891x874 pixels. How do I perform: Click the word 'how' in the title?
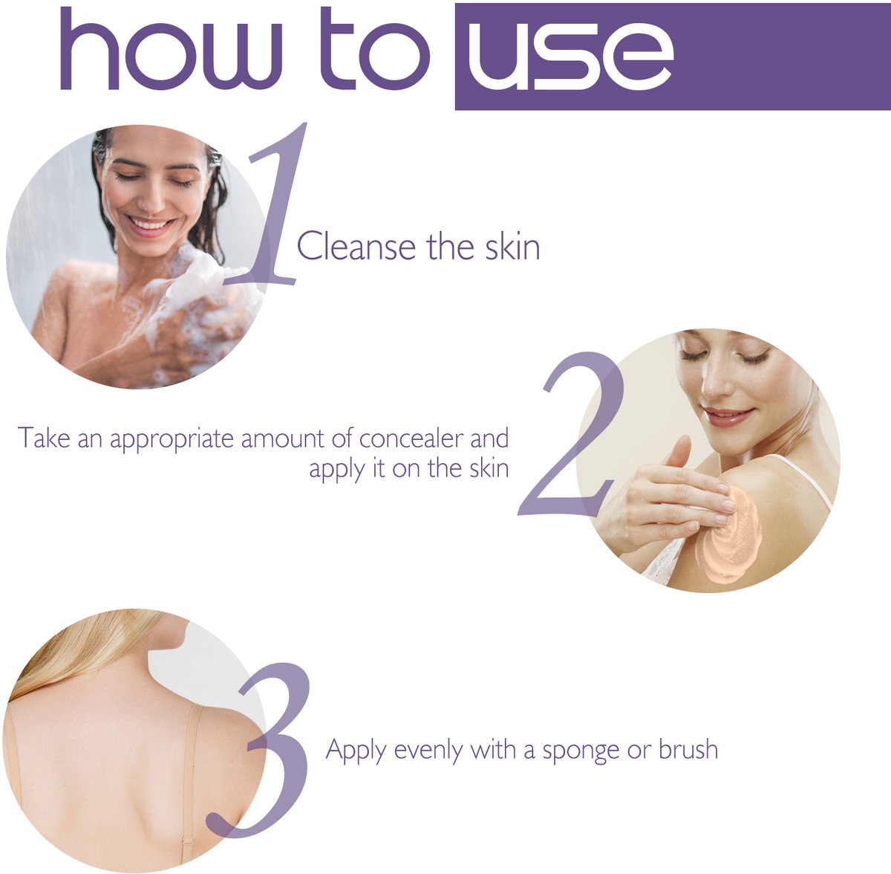click(x=171, y=49)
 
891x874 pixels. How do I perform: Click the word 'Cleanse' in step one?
click(x=356, y=246)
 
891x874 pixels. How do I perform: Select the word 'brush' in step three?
click(x=688, y=749)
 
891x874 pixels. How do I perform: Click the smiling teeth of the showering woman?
click(x=150, y=225)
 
